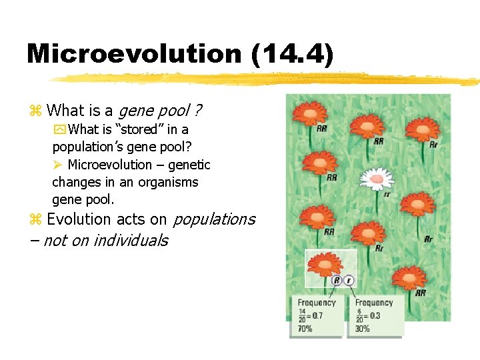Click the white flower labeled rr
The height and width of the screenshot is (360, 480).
pyautogui.click(x=377, y=178)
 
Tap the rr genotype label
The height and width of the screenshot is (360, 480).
pyautogui.click(x=387, y=195)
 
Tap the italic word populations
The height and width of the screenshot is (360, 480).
pyautogui.click(x=214, y=219)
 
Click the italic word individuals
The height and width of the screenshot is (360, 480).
pyautogui.click(x=130, y=241)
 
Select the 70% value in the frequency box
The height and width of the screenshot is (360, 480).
pyautogui.click(x=305, y=329)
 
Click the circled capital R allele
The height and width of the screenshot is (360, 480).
pyautogui.click(x=337, y=281)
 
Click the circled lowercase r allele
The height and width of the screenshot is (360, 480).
pyautogui.click(x=351, y=281)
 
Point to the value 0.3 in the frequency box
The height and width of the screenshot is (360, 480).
pyautogui.click(x=374, y=315)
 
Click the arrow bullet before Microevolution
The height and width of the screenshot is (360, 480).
pyautogui.click(x=57, y=165)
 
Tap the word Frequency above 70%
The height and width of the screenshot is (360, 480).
pyautogui.click(x=317, y=303)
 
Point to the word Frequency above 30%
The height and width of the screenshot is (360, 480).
pyautogui.click(x=374, y=303)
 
